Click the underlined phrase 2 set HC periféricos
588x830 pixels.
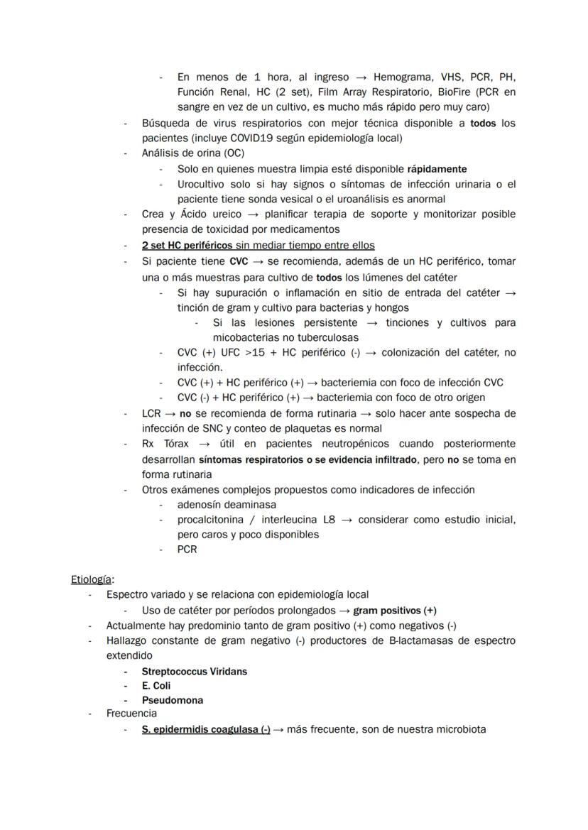click(187, 246)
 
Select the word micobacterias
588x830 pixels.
click(244, 338)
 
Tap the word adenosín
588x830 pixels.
click(202, 504)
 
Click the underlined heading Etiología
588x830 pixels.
click(92, 579)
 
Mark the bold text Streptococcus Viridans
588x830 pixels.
click(194, 671)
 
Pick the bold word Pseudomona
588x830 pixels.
click(172, 700)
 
